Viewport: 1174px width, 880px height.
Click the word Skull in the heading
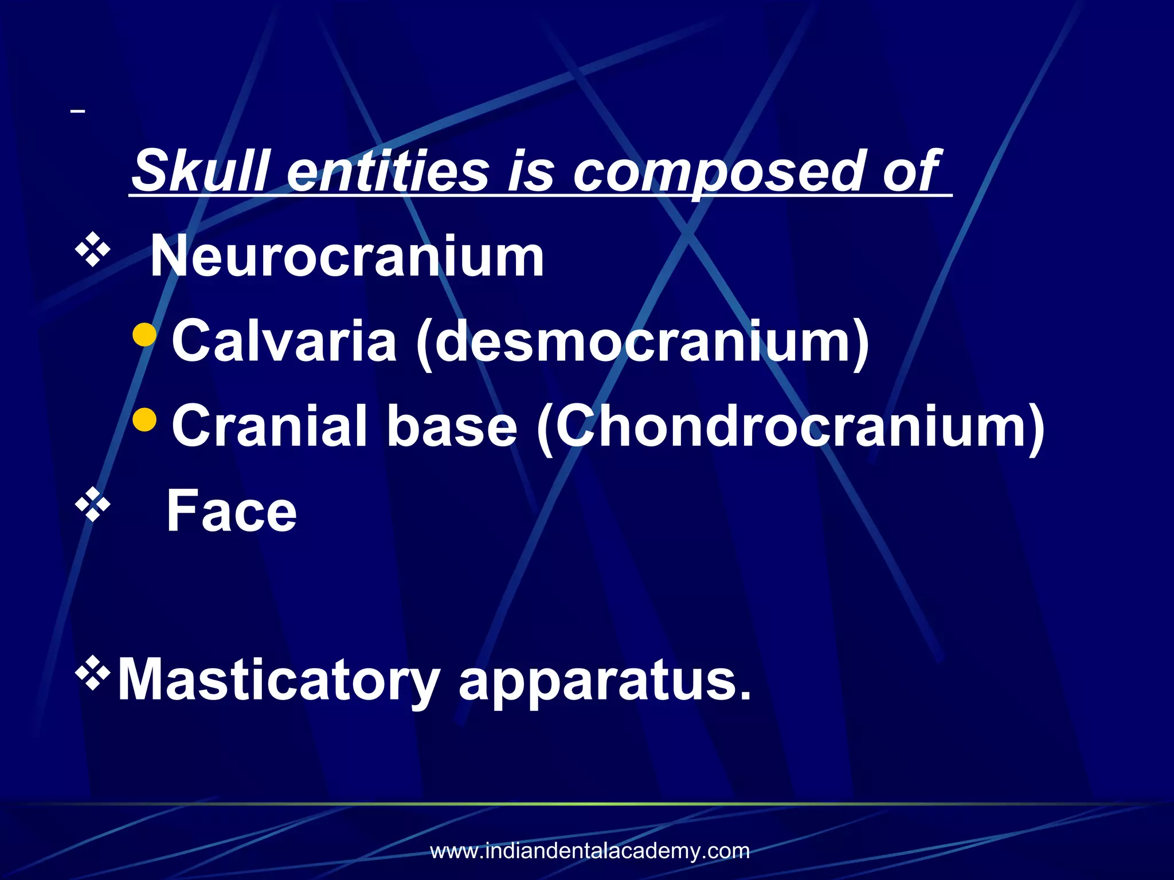201,171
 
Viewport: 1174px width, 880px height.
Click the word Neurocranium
347,256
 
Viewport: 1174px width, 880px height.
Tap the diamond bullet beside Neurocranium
92,250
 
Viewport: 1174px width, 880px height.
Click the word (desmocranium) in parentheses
643,342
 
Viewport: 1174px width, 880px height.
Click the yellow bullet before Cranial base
144,419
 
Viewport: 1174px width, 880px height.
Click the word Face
232,510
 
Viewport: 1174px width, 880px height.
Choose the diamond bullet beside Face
92,504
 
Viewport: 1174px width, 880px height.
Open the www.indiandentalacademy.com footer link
590,851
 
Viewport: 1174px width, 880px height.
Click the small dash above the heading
78,111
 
